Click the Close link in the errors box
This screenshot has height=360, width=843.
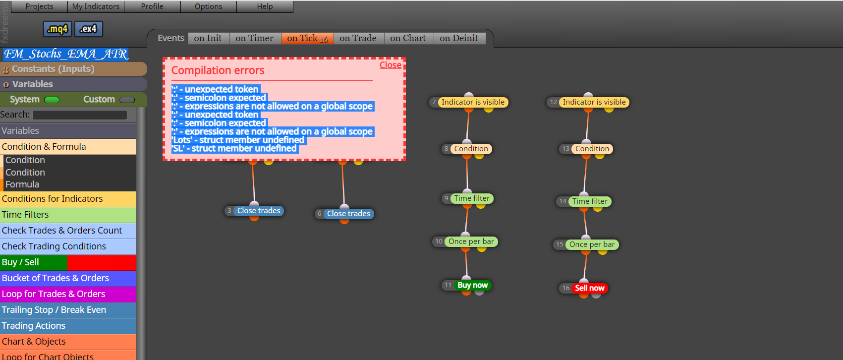(x=390, y=65)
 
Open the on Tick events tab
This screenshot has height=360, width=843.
(x=307, y=38)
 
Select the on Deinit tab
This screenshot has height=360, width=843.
(x=459, y=38)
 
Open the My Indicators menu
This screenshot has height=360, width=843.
(x=96, y=6)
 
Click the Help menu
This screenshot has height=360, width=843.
(x=265, y=6)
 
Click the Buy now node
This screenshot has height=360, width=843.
(x=472, y=285)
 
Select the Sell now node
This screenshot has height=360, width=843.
(x=589, y=288)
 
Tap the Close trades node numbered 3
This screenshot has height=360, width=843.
(x=259, y=211)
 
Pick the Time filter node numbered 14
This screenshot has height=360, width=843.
(x=590, y=201)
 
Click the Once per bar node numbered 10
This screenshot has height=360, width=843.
(x=471, y=241)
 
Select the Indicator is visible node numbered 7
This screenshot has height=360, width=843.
(x=473, y=102)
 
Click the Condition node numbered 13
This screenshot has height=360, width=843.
(x=592, y=149)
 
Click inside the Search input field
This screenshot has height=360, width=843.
(x=80, y=115)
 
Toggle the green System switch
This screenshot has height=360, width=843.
(x=52, y=100)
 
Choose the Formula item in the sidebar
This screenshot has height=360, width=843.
(x=22, y=184)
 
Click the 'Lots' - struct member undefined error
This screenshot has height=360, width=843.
(x=238, y=140)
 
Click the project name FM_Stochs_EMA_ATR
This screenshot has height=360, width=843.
(x=66, y=54)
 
